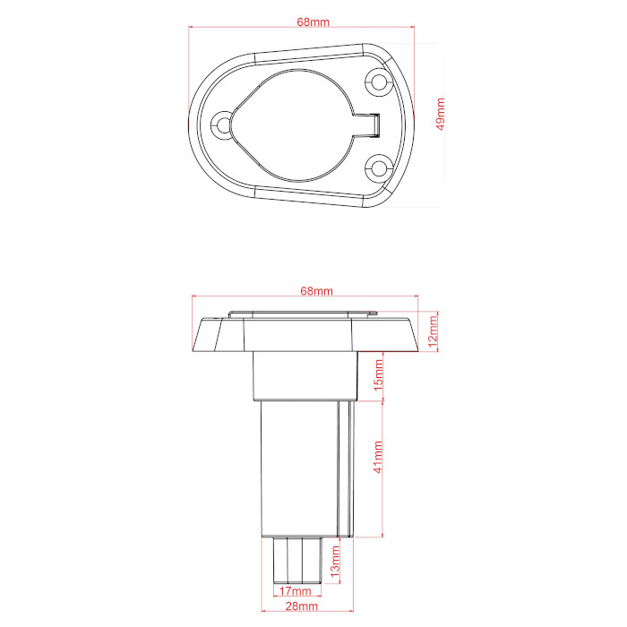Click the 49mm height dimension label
[441, 114]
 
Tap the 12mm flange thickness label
[433, 331]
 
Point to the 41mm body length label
[378, 457]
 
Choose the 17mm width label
[295, 590]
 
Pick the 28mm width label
[302, 606]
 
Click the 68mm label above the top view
[313, 21]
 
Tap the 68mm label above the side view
[316, 291]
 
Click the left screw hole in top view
[222, 125]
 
